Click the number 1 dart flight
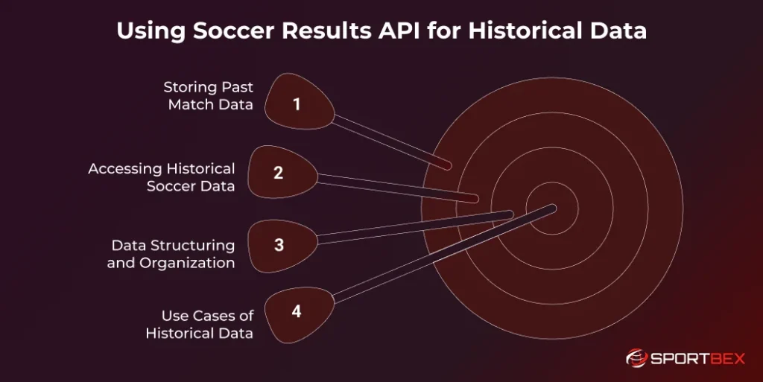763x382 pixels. [x=298, y=104]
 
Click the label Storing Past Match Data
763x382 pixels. [x=209, y=96]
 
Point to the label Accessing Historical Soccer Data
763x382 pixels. [x=162, y=177]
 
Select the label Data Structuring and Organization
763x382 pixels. [x=171, y=254]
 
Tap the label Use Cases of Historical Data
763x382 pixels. [x=200, y=325]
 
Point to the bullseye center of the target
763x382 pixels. [x=552, y=211]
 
